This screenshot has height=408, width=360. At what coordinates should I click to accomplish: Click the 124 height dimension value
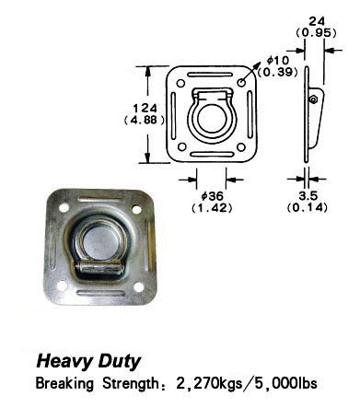145,108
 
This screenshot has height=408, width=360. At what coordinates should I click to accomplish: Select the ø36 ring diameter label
212,196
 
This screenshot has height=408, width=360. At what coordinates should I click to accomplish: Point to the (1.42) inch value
212,208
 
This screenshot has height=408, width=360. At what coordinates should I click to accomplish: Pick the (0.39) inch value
278,72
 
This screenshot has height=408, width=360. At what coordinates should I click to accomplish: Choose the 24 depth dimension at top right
317,21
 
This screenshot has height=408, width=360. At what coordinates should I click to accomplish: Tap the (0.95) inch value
317,32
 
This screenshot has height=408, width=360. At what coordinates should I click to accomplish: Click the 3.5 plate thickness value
308,195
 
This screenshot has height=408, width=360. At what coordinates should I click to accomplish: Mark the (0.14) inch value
308,208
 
